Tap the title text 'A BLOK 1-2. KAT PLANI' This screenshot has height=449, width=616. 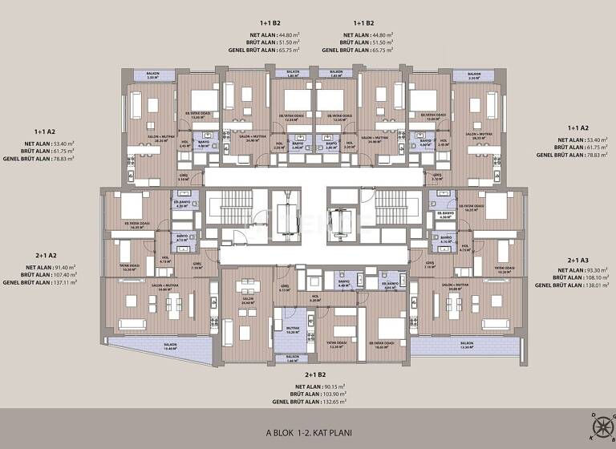(x=308, y=432)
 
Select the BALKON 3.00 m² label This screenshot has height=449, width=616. (x=152, y=75)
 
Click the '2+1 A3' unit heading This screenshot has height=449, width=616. (x=578, y=261)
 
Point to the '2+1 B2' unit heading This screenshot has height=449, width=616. (x=314, y=374)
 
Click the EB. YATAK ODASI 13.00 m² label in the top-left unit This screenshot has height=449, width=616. (x=197, y=115)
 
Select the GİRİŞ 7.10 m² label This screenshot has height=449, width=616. (x=197, y=269)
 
